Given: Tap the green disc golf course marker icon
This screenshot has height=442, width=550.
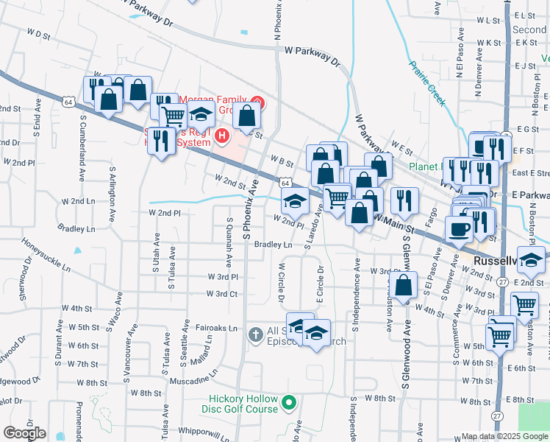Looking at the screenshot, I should point(289,403).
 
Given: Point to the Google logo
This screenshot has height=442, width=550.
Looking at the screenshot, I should point(25,433).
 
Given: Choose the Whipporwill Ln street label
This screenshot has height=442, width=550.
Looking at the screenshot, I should point(190,429).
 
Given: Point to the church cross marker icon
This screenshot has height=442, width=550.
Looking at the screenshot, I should point(255,335).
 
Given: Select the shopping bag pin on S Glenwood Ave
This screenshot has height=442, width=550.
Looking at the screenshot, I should point(404,284).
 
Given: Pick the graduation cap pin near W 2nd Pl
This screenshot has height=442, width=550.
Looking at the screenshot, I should point(295,200).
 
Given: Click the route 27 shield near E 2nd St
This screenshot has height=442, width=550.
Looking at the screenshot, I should point(501,281).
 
